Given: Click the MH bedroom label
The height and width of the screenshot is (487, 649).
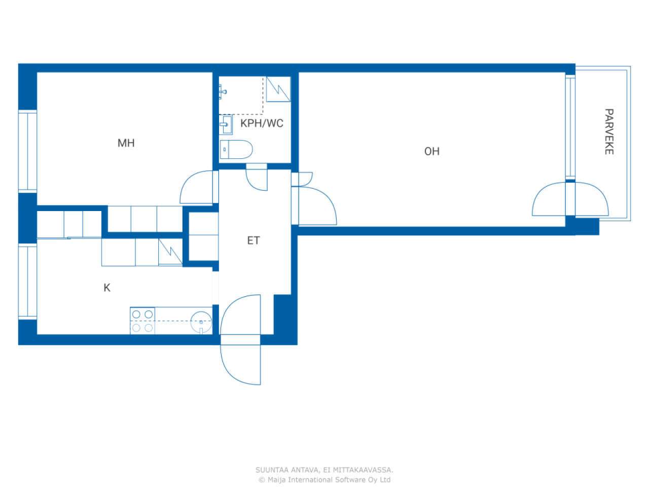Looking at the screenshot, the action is click(x=126, y=143).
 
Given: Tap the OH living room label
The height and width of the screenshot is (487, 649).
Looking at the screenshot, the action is click(x=431, y=151).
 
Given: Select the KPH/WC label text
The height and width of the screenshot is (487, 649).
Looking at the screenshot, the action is click(x=262, y=123).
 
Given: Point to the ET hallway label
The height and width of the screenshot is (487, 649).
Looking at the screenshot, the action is click(x=254, y=240).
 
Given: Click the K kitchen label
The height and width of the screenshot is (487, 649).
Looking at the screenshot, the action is click(x=107, y=288).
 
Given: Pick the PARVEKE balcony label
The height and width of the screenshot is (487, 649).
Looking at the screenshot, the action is click(x=609, y=131).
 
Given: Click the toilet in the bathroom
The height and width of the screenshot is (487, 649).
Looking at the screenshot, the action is click(x=236, y=149).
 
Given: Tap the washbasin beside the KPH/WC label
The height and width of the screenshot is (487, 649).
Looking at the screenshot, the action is click(x=226, y=125).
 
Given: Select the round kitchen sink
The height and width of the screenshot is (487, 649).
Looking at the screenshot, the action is click(x=201, y=322).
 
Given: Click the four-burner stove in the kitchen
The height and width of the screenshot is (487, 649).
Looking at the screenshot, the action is click(x=142, y=321).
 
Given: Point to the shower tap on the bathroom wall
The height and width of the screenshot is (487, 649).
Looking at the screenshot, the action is click(x=223, y=92).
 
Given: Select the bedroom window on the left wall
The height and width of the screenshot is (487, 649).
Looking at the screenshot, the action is click(x=27, y=151).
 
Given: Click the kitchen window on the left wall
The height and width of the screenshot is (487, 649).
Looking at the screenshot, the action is click(x=27, y=281).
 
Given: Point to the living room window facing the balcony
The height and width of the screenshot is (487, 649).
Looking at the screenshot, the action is click(x=570, y=127).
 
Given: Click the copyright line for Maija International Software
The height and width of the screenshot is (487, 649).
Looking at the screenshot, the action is click(x=324, y=479).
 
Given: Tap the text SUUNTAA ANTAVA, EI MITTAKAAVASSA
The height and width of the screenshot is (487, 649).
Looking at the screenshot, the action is click(x=324, y=470).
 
